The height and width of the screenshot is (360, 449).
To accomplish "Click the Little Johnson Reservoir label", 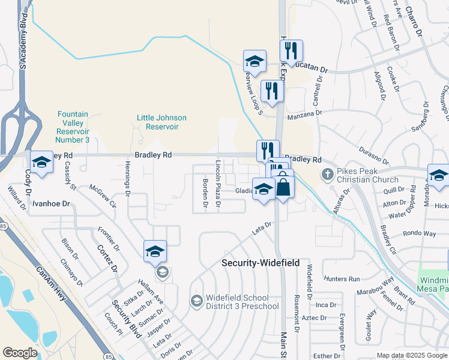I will pos(161,122).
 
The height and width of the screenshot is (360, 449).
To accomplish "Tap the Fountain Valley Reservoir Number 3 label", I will pos(72,127).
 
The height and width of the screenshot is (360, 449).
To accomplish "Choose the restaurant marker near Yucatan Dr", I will pos(291,52).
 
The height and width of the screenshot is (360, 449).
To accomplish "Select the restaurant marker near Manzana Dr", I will pos(272,92).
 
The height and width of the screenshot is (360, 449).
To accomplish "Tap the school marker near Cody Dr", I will pos(41,163).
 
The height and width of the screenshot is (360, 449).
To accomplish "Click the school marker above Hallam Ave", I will pos(154,252).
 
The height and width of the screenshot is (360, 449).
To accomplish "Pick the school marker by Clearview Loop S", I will pos(255,62).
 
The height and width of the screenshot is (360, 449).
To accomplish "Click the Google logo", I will pos(20,353).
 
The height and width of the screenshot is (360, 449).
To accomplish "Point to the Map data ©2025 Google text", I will pos(412,355).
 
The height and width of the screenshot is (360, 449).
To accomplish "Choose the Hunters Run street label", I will pos(341,279).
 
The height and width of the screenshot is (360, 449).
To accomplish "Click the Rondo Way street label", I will pos(420,233).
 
